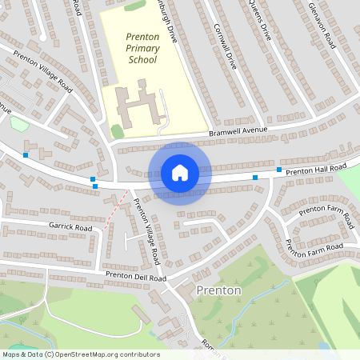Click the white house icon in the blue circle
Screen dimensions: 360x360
(179, 173)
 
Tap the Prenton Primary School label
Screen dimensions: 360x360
(142, 48)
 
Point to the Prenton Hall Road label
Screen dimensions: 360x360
(316, 169)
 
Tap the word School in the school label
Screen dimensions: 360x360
(142, 59)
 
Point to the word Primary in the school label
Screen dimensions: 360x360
(142, 48)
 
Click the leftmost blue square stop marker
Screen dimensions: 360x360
(26, 154)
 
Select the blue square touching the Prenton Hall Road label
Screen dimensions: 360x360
(278, 170)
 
